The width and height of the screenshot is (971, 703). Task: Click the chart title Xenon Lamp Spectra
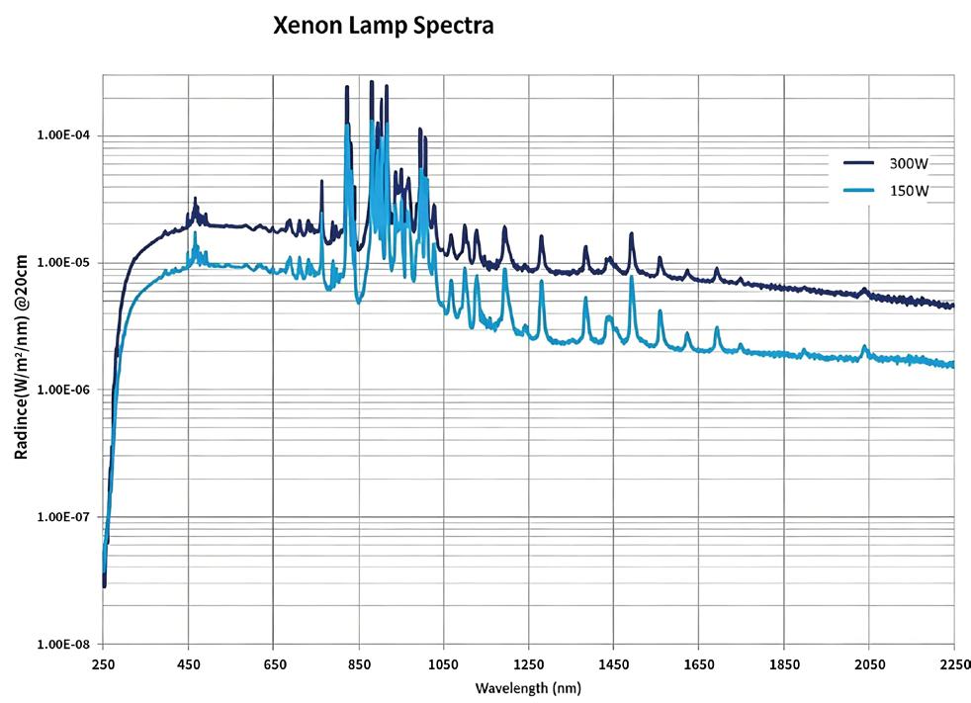(383, 27)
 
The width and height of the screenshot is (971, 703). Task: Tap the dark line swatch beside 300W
(859, 164)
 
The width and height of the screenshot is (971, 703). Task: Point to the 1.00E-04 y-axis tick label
(63, 135)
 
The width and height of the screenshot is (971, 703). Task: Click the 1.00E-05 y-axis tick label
(63, 263)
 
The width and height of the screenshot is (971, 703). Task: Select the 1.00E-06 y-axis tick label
(63, 391)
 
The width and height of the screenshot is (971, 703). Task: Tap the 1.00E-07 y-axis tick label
(63, 517)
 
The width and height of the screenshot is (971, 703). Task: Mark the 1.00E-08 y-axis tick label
(63, 645)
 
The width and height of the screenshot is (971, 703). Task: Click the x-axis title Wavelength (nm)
(528, 687)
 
